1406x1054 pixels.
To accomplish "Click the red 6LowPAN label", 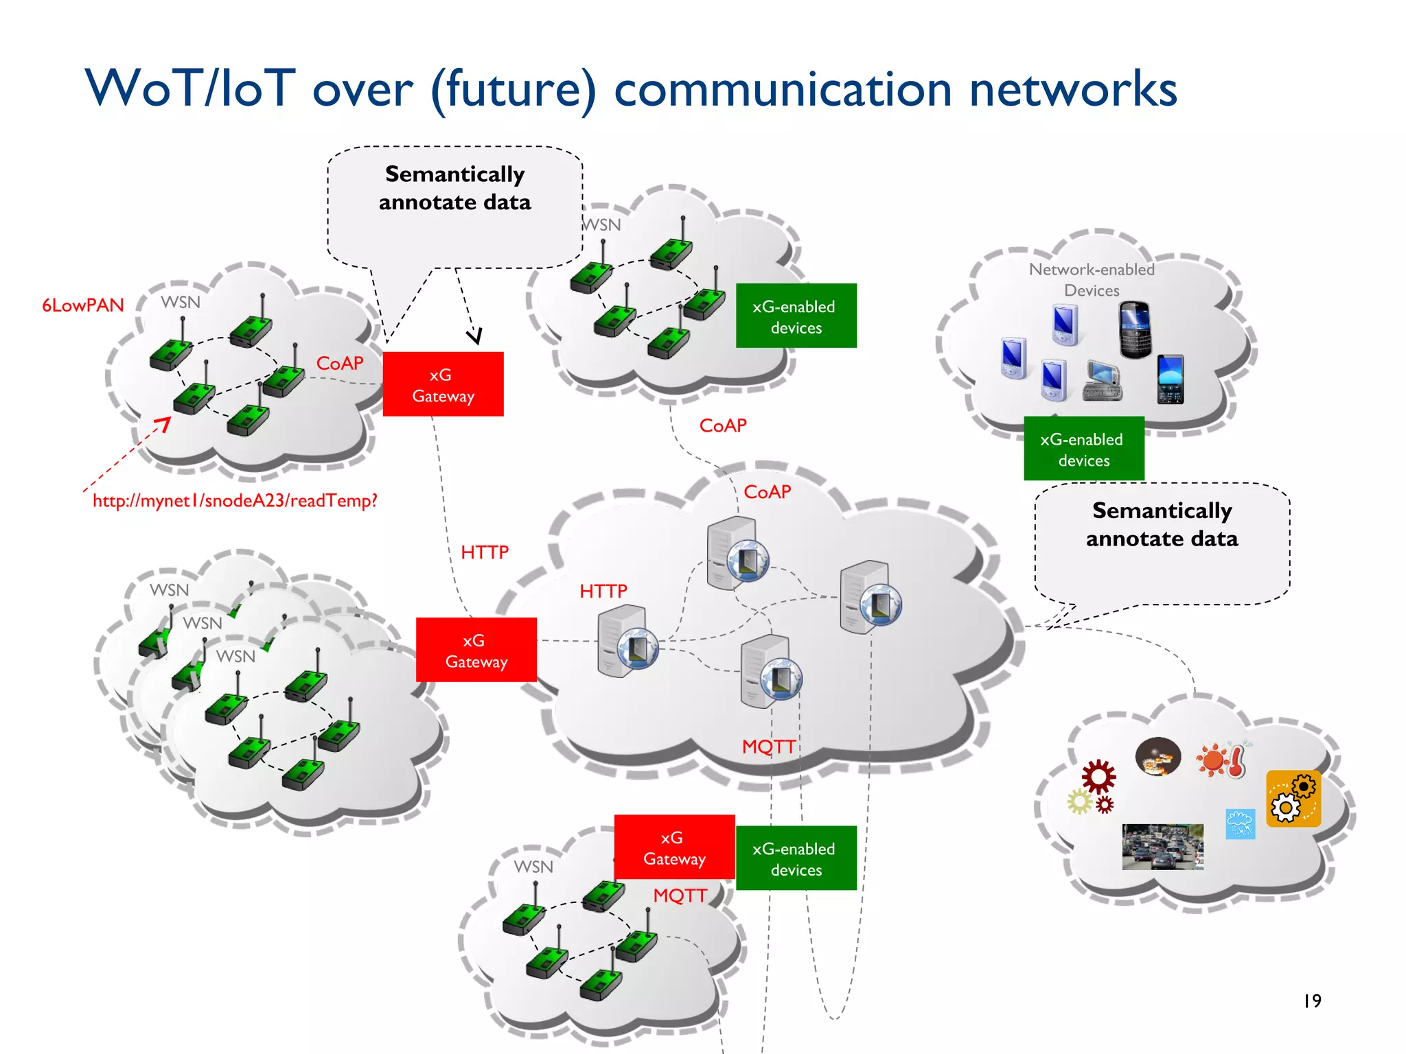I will [83, 305].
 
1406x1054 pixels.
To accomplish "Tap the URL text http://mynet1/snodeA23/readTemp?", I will [235, 501].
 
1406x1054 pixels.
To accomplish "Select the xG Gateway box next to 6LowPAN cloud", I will [443, 384].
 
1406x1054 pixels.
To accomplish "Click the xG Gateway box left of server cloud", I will [476, 650].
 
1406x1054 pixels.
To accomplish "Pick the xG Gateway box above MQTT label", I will [674, 847].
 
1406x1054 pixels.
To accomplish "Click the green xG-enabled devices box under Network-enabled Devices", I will [1083, 449].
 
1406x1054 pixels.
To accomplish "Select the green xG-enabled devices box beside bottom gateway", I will [796, 858].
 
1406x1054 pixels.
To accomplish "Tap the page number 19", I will [1312, 1001].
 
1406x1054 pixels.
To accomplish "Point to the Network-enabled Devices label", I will [1092, 279].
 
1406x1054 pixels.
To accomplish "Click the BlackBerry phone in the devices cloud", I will [1135, 329].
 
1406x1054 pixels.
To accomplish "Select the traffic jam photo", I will [1162, 847].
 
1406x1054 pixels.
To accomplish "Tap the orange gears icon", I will [1293, 799].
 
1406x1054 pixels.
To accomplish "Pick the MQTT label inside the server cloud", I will [768, 747].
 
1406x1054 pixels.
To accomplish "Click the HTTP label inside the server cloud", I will [603, 591].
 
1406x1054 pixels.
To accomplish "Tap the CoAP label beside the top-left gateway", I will [339, 363].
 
